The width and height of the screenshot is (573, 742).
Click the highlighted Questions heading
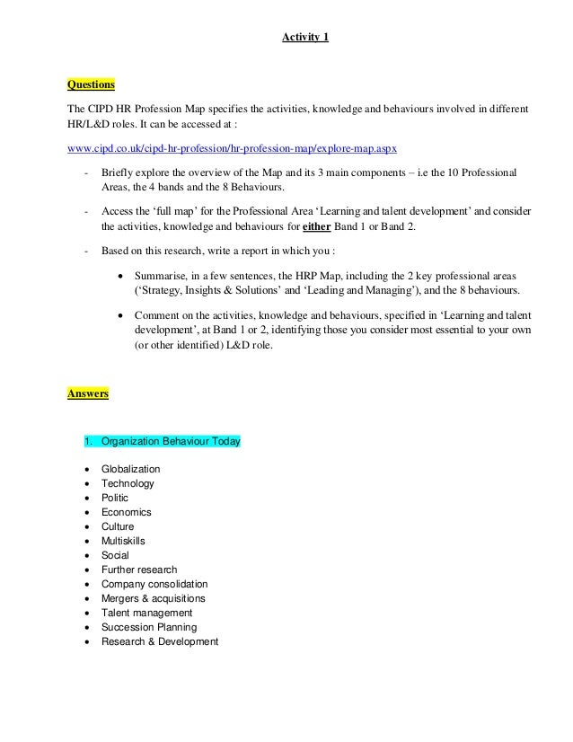pyautogui.click(x=92, y=85)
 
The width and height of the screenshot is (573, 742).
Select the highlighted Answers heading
pyautogui.click(x=88, y=393)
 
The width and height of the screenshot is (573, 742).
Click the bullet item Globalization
pyautogui.click(x=131, y=469)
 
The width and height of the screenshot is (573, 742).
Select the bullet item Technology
pyautogui.click(x=128, y=483)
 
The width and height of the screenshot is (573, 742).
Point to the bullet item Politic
pyautogui.click(x=115, y=498)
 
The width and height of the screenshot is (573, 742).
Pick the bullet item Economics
pyautogui.click(x=127, y=512)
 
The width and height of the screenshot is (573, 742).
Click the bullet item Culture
pyautogui.click(x=118, y=526)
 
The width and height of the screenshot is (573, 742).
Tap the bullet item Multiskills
pyautogui.click(x=123, y=541)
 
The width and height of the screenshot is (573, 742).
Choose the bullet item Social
pyautogui.click(x=116, y=555)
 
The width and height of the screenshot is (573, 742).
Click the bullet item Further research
pyautogui.click(x=139, y=570)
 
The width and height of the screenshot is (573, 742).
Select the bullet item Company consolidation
pyautogui.click(x=154, y=584)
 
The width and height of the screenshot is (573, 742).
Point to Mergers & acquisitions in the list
pyautogui.click(x=154, y=598)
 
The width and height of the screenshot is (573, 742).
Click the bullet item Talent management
pyautogui.click(x=145, y=613)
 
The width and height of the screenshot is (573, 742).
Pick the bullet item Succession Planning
pyautogui.click(x=149, y=627)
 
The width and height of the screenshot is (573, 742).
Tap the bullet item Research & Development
pyautogui.click(x=160, y=641)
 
